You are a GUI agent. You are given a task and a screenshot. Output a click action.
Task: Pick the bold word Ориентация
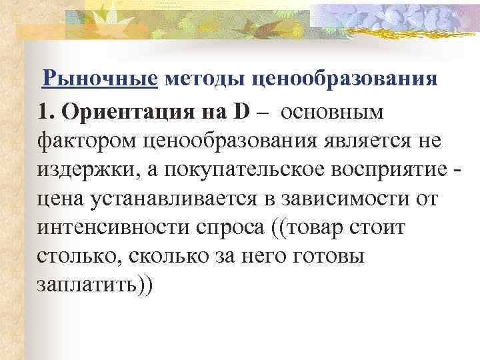(x=126, y=111)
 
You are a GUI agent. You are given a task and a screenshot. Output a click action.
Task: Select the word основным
(x=333, y=111)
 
